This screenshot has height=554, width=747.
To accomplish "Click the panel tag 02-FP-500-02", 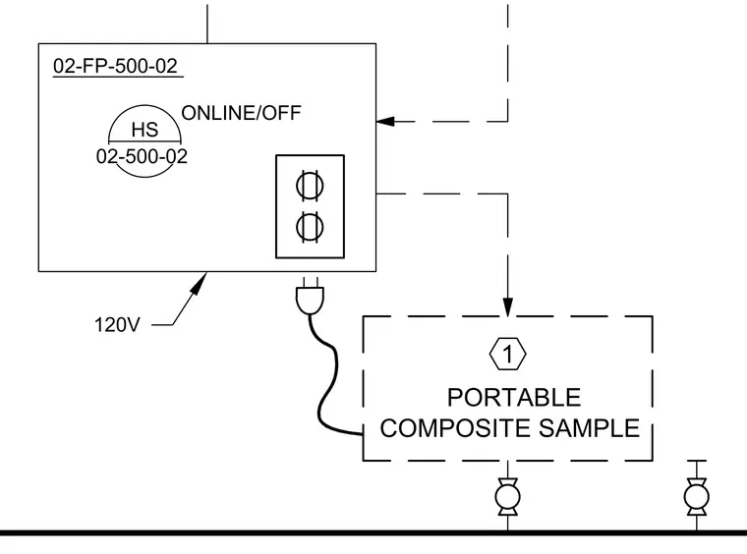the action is tap(115, 66).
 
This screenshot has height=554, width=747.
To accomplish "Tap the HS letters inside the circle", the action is tap(144, 130).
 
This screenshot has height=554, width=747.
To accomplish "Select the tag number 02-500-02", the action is tap(142, 156).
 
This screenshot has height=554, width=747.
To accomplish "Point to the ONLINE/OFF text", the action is tap(241, 113).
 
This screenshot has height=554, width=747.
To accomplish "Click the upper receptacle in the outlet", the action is tap(310, 186).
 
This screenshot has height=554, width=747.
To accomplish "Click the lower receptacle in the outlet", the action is tap(310, 227).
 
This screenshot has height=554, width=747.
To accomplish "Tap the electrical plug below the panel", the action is tap(310, 296).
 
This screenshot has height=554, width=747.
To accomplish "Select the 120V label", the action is tap(117, 325).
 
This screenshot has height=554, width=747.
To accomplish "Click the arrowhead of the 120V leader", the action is tap(200, 282).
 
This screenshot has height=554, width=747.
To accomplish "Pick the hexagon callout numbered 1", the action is tap(507, 354).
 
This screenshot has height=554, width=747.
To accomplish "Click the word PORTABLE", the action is tap(514, 398).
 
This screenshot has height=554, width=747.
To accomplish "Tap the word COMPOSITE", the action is tap(455, 428).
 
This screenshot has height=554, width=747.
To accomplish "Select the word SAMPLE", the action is tap(590, 428).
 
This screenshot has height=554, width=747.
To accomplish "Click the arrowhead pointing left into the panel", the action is tap(385, 122).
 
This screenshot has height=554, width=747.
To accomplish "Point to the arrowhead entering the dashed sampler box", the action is tap(508, 307).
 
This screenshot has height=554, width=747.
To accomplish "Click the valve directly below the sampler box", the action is tap(507, 497).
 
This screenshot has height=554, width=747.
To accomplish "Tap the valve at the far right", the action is tap(697, 497).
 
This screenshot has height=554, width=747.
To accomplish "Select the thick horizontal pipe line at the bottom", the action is tap(373, 533).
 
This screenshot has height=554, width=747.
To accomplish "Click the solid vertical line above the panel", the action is tap(207, 24).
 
